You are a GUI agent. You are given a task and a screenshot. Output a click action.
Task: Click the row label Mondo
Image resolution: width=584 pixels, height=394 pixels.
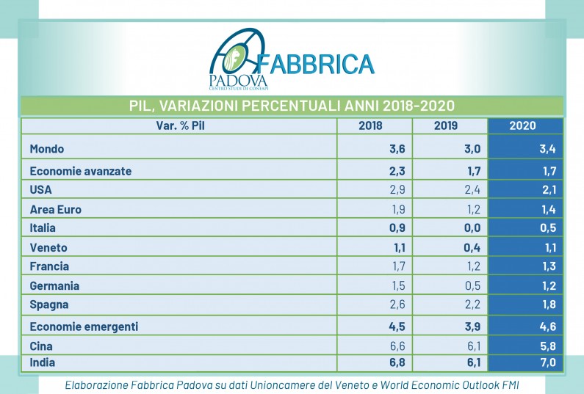point(47,149)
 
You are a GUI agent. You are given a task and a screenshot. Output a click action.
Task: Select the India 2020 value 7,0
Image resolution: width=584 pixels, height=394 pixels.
point(546,362)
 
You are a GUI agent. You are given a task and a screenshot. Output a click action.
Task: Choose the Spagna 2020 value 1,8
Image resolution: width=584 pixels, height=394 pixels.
point(546,304)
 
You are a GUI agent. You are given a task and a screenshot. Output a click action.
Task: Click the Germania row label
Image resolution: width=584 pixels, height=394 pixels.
point(54,285)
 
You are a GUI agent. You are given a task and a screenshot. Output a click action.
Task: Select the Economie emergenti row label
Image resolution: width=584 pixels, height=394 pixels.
point(84,326)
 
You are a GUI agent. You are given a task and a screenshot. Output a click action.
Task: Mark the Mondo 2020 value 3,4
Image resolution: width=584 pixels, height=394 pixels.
point(546,149)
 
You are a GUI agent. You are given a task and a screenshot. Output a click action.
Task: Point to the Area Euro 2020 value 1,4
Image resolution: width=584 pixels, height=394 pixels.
point(546,209)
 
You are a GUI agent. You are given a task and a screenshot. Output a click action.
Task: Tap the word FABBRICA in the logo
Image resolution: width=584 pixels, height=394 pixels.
point(316,64)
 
